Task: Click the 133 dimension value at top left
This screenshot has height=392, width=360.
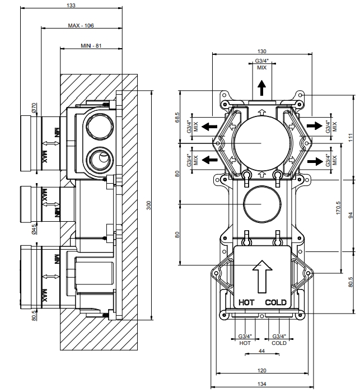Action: tap(71, 5)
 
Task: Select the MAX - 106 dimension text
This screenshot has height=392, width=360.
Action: tap(81, 26)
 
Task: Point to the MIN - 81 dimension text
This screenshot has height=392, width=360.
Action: tap(91, 46)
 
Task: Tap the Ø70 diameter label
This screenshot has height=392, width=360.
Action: tap(34, 108)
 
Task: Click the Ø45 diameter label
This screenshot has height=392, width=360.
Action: tap(34, 229)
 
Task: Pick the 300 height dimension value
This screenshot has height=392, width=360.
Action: tap(149, 206)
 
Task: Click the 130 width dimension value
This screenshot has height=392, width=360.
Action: tap(262, 52)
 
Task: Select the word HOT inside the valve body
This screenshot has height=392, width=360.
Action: tap(246, 302)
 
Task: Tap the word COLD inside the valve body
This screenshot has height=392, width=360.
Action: tap(276, 302)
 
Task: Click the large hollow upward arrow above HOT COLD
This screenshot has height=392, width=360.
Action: tap(262, 277)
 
